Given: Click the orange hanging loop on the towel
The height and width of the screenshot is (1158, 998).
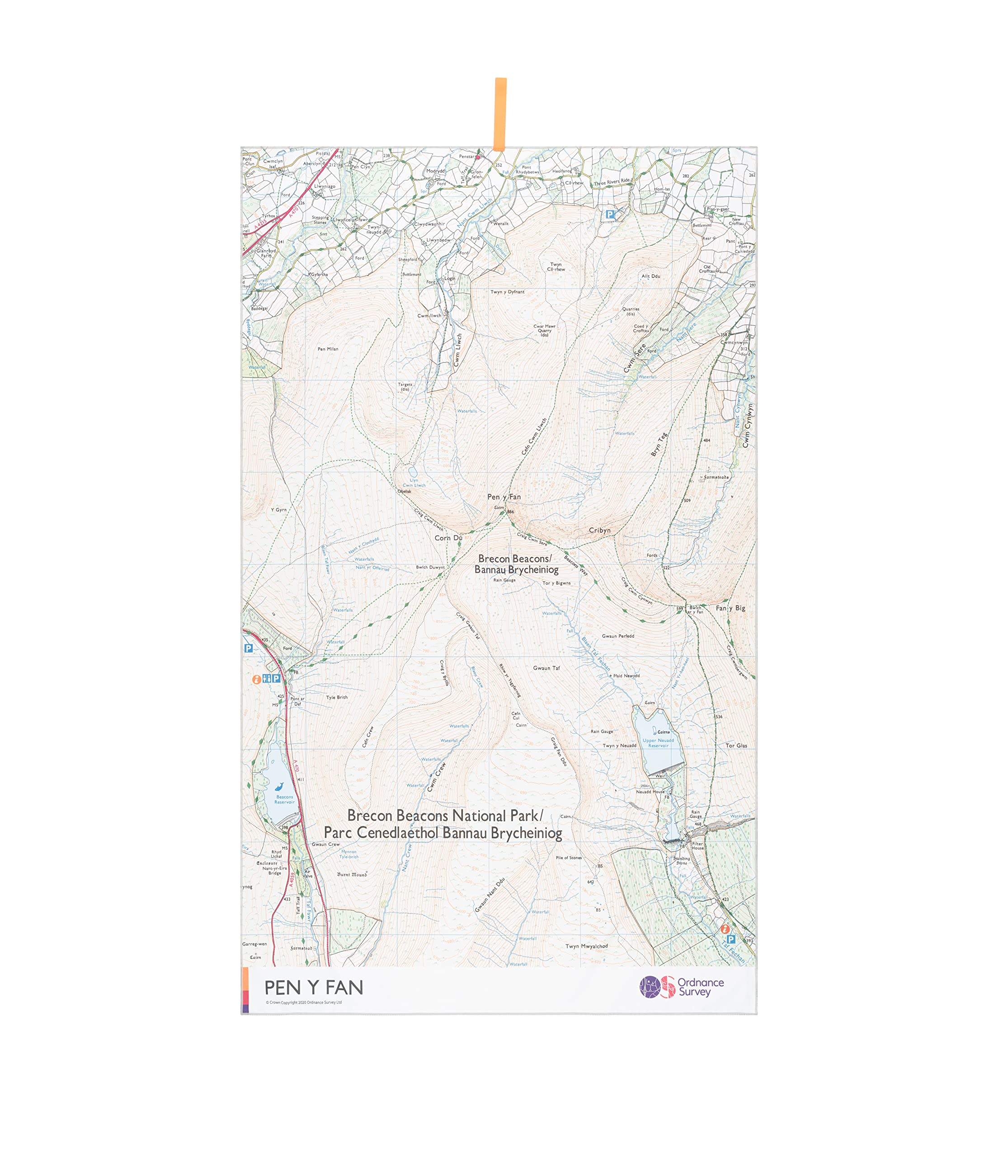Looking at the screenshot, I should [500, 114].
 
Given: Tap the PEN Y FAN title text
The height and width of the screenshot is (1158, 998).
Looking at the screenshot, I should [313, 987].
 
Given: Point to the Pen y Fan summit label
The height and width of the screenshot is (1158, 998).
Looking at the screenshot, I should [504, 497].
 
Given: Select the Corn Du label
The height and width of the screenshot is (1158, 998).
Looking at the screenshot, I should [448, 538].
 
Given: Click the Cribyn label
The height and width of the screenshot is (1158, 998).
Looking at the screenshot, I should [599, 531].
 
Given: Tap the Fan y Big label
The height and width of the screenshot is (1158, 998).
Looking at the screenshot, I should [730, 608].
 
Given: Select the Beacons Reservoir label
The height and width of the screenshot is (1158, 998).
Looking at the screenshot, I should [284, 799].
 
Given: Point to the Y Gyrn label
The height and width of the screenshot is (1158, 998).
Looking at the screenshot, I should [279, 510].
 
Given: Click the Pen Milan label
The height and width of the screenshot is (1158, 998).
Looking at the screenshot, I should [328, 349].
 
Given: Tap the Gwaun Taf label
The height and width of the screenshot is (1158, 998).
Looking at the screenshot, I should [546, 668].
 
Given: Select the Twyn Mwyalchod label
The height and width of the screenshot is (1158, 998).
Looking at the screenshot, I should [586, 946].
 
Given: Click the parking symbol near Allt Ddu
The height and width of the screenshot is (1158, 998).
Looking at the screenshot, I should [610, 214].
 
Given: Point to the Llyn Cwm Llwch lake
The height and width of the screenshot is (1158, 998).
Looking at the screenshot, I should [413, 473].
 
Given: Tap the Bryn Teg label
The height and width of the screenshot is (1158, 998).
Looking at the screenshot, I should [659, 444].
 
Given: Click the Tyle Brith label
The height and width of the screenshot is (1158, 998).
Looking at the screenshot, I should [337, 698].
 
